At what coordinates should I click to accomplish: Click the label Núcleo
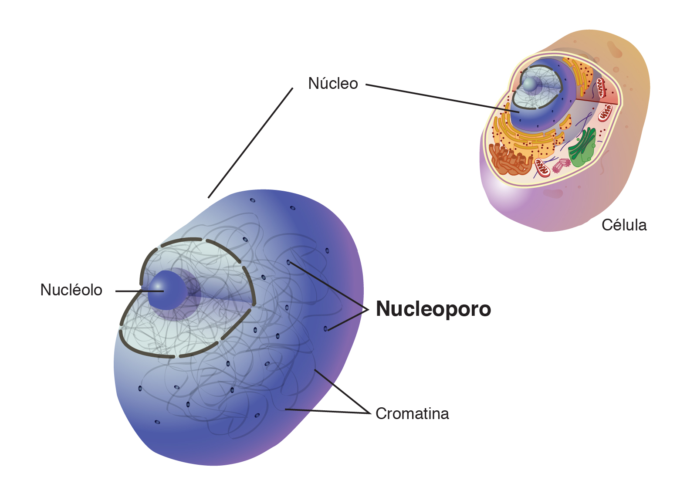pyautogui.click(x=333, y=83)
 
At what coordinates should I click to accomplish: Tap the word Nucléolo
pyautogui.click(x=71, y=290)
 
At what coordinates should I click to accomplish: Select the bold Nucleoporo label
pyautogui.click(x=433, y=309)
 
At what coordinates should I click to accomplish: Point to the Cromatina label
pyautogui.click(x=412, y=413)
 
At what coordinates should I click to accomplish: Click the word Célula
pyautogui.click(x=624, y=225)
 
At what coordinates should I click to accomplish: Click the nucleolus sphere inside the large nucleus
pyautogui.click(x=167, y=290)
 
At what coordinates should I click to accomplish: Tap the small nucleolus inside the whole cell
pyautogui.click(x=530, y=84)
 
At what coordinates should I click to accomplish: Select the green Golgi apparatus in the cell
pyautogui.click(x=582, y=148)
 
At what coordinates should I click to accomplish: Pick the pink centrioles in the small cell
pyautogui.click(x=562, y=165)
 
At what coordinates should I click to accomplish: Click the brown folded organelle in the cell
pyautogui.click(x=510, y=159)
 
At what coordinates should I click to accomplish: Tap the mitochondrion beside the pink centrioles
pyautogui.click(x=542, y=168)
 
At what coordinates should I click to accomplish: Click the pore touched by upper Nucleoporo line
pyautogui.click(x=288, y=263)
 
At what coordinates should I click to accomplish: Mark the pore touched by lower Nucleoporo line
pyautogui.click(x=325, y=328)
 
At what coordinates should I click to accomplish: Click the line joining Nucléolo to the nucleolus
pyautogui.click(x=139, y=291)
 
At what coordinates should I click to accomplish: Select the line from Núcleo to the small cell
pyautogui.click(x=443, y=98)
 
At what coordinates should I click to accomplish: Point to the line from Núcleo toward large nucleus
pyautogui.click(x=250, y=143)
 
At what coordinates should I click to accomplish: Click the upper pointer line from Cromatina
pyautogui.click(x=342, y=391)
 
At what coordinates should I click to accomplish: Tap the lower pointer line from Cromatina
pyautogui.click(x=328, y=411)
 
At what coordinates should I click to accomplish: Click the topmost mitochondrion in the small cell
pyautogui.click(x=601, y=88)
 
